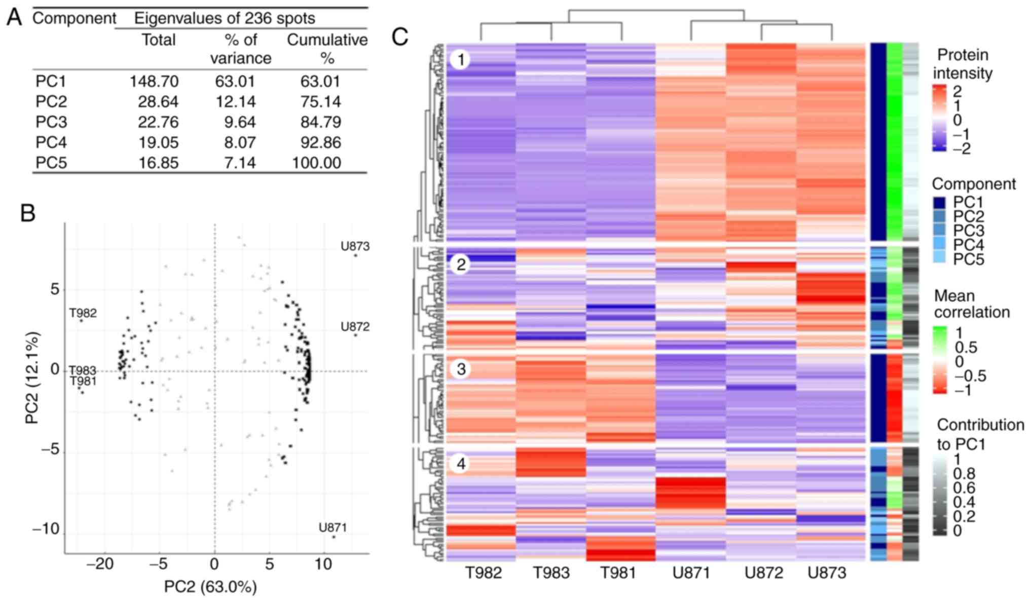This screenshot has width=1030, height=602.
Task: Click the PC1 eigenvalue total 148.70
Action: pyautogui.click(x=154, y=82)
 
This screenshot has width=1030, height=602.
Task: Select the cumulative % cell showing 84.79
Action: pyautogui.click(x=320, y=122)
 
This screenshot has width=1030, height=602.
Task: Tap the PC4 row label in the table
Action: pyautogui.click(x=51, y=142)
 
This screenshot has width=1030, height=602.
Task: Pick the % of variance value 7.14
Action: pyautogui.click(x=240, y=163)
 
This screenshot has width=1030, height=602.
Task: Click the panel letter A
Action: pyautogui.click(x=14, y=18)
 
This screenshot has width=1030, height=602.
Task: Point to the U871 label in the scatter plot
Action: pyautogui.click(x=333, y=528)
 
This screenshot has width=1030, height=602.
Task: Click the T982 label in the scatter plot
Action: pyautogui.click(x=83, y=313)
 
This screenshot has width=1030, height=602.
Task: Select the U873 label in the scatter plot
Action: pyautogui.click(x=355, y=247)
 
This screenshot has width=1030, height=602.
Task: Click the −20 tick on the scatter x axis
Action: pyautogui.click(x=100, y=563)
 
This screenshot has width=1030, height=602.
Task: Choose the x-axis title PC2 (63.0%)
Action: pyautogui.click(x=210, y=587)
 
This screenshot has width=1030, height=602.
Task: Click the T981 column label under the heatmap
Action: pyautogui.click(x=618, y=573)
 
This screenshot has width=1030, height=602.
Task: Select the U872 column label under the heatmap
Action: pyautogui.click(x=764, y=573)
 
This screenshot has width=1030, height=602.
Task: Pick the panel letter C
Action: pyautogui.click(x=400, y=37)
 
